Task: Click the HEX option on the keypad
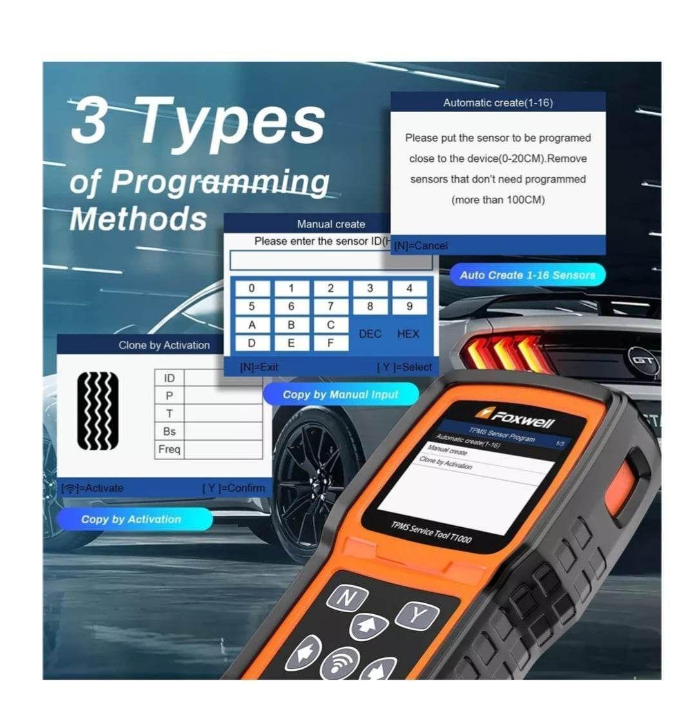[408, 334]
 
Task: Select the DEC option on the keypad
[370, 334]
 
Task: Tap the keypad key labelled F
[330, 343]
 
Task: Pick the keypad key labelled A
[251, 325]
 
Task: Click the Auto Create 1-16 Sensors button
[527, 275]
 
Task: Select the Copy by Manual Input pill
[340, 394]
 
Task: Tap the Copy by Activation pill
[131, 519]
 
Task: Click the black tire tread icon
[98, 411]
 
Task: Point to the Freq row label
[169, 449]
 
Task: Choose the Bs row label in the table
[169, 431]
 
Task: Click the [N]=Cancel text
[421, 246]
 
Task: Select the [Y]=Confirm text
[233, 488]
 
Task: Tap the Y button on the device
[417, 616]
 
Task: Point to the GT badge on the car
[642, 360]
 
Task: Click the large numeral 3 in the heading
[89, 121]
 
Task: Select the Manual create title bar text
[331, 224]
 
